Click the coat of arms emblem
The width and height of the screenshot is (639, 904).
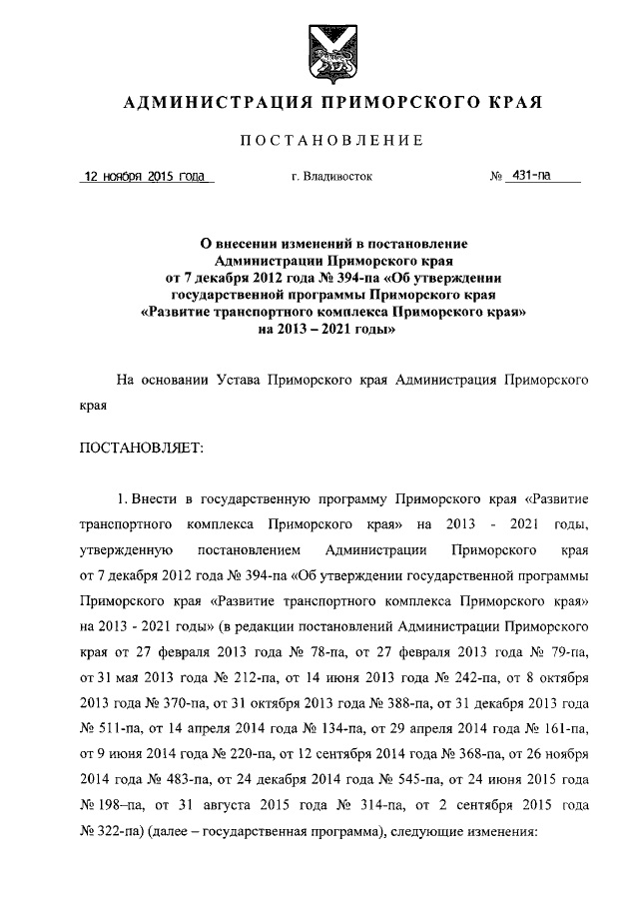pyautogui.click(x=319, y=47)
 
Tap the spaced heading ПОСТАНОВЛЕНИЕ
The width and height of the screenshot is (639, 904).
pyautogui.click(x=319, y=139)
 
